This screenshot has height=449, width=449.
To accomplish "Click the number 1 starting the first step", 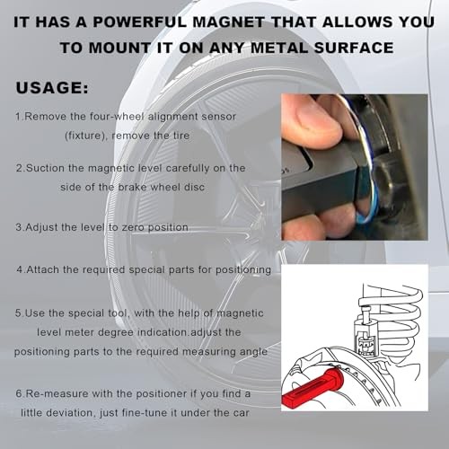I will pyautogui.click(x=19, y=117).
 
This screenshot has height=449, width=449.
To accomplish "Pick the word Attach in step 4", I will pyautogui.click(x=45, y=269).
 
